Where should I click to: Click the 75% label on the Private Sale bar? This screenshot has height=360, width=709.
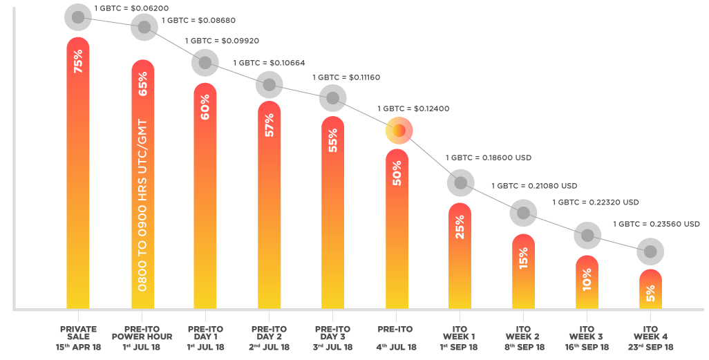point(78,61)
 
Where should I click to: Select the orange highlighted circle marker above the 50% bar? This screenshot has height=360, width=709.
point(399,131)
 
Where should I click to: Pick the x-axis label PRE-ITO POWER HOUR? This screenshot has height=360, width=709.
point(142,333)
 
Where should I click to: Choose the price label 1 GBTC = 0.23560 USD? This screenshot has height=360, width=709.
point(656,224)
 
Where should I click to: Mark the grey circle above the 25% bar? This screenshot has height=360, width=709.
point(461,183)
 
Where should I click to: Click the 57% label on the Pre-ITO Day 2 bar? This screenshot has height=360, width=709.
point(269,125)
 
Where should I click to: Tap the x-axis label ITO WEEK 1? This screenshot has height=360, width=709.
point(459,333)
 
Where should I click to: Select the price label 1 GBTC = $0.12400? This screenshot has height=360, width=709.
point(413,108)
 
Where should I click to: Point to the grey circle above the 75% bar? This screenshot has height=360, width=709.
point(78,17)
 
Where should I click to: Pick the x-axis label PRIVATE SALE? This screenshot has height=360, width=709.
point(78,333)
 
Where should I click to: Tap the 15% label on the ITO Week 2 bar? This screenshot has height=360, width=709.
point(523,258)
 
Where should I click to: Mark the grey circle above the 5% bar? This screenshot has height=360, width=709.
point(650,252)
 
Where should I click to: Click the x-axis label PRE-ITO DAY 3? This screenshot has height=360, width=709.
point(332,333)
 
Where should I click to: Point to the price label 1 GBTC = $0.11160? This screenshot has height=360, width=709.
point(346,77)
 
